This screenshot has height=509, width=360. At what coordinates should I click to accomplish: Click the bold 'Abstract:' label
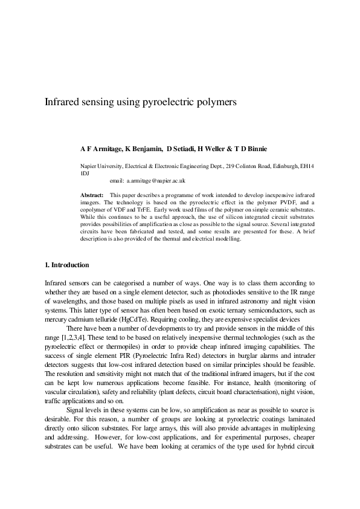coord(92,194)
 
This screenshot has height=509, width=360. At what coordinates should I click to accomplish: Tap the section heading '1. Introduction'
coord(67,265)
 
